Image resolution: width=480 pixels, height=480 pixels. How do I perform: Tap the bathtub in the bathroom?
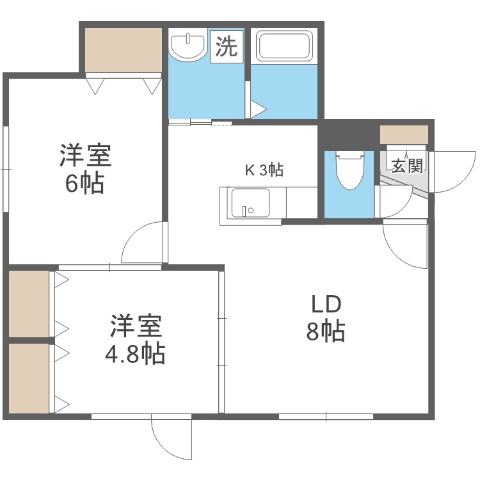(284, 46)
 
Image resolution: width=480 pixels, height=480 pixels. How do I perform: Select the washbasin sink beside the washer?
(188, 47)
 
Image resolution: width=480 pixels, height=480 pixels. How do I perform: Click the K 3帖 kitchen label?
(264, 170)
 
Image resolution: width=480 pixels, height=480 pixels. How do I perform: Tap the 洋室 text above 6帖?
(86, 156)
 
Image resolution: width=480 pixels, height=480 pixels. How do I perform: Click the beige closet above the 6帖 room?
(123, 50)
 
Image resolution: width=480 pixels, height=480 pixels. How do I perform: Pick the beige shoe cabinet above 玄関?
(403, 135)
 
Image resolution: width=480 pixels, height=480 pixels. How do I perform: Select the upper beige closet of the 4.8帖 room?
(29, 303)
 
